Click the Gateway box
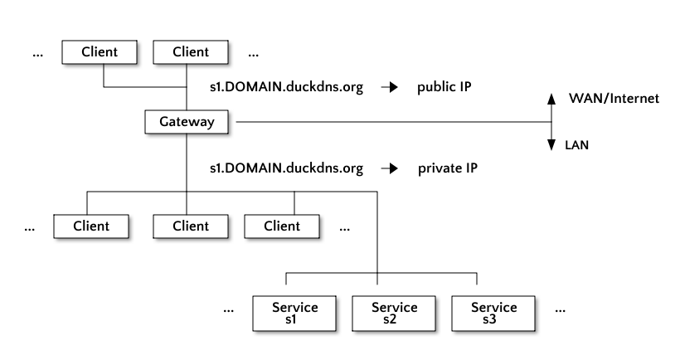(x=187, y=122)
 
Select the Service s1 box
(x=294, y=314)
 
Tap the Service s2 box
(x=394, y=314)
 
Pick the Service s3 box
(x=493, y=314)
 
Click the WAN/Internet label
(x=614, y=99)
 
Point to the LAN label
(x=577, y=145)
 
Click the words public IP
(x=444, y=87)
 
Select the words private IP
(x=448, y=168)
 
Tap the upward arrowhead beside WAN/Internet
(x=551, y=99)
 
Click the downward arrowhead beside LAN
(x=551, y=145)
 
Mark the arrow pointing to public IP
(x=390, y=87)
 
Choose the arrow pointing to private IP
(x=390, y=168)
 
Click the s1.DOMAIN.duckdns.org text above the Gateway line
(x=287, y=87)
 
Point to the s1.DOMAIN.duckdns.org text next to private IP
(x=287, y=168)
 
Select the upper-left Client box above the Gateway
(x=100, y=52)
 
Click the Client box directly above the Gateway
(x=191, y=52)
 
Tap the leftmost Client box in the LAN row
(x=91, y=226)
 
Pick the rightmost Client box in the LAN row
(x=282, y=226)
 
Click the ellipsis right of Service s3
(x=560, y=311)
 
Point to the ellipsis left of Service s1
(x=229, y=311)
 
